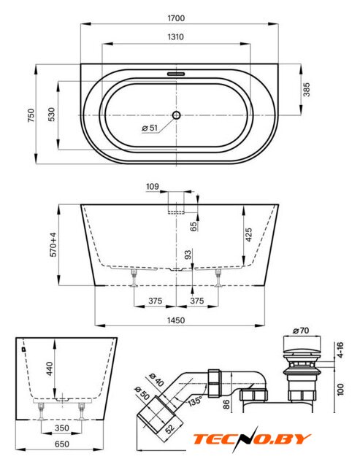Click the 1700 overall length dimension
pyautogui.click(x=176, y=18)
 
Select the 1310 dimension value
pyautogui.click(x=176, y=37)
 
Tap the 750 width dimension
pyautogui.click(x=31, y=115)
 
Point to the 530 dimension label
pyautogui.click(x=51, y=115)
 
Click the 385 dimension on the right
pyautogui.click(x=307, y=90)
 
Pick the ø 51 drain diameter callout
pyautogui.click(x=150, y=128)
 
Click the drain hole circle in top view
pyautogui.click(x=177, y=115)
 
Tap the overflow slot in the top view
pyautogui.click(x=176, y=73)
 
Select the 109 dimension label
pyautogui.click(x=153, y=187)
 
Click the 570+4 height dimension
pyautogui.click(x=53, y=244)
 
